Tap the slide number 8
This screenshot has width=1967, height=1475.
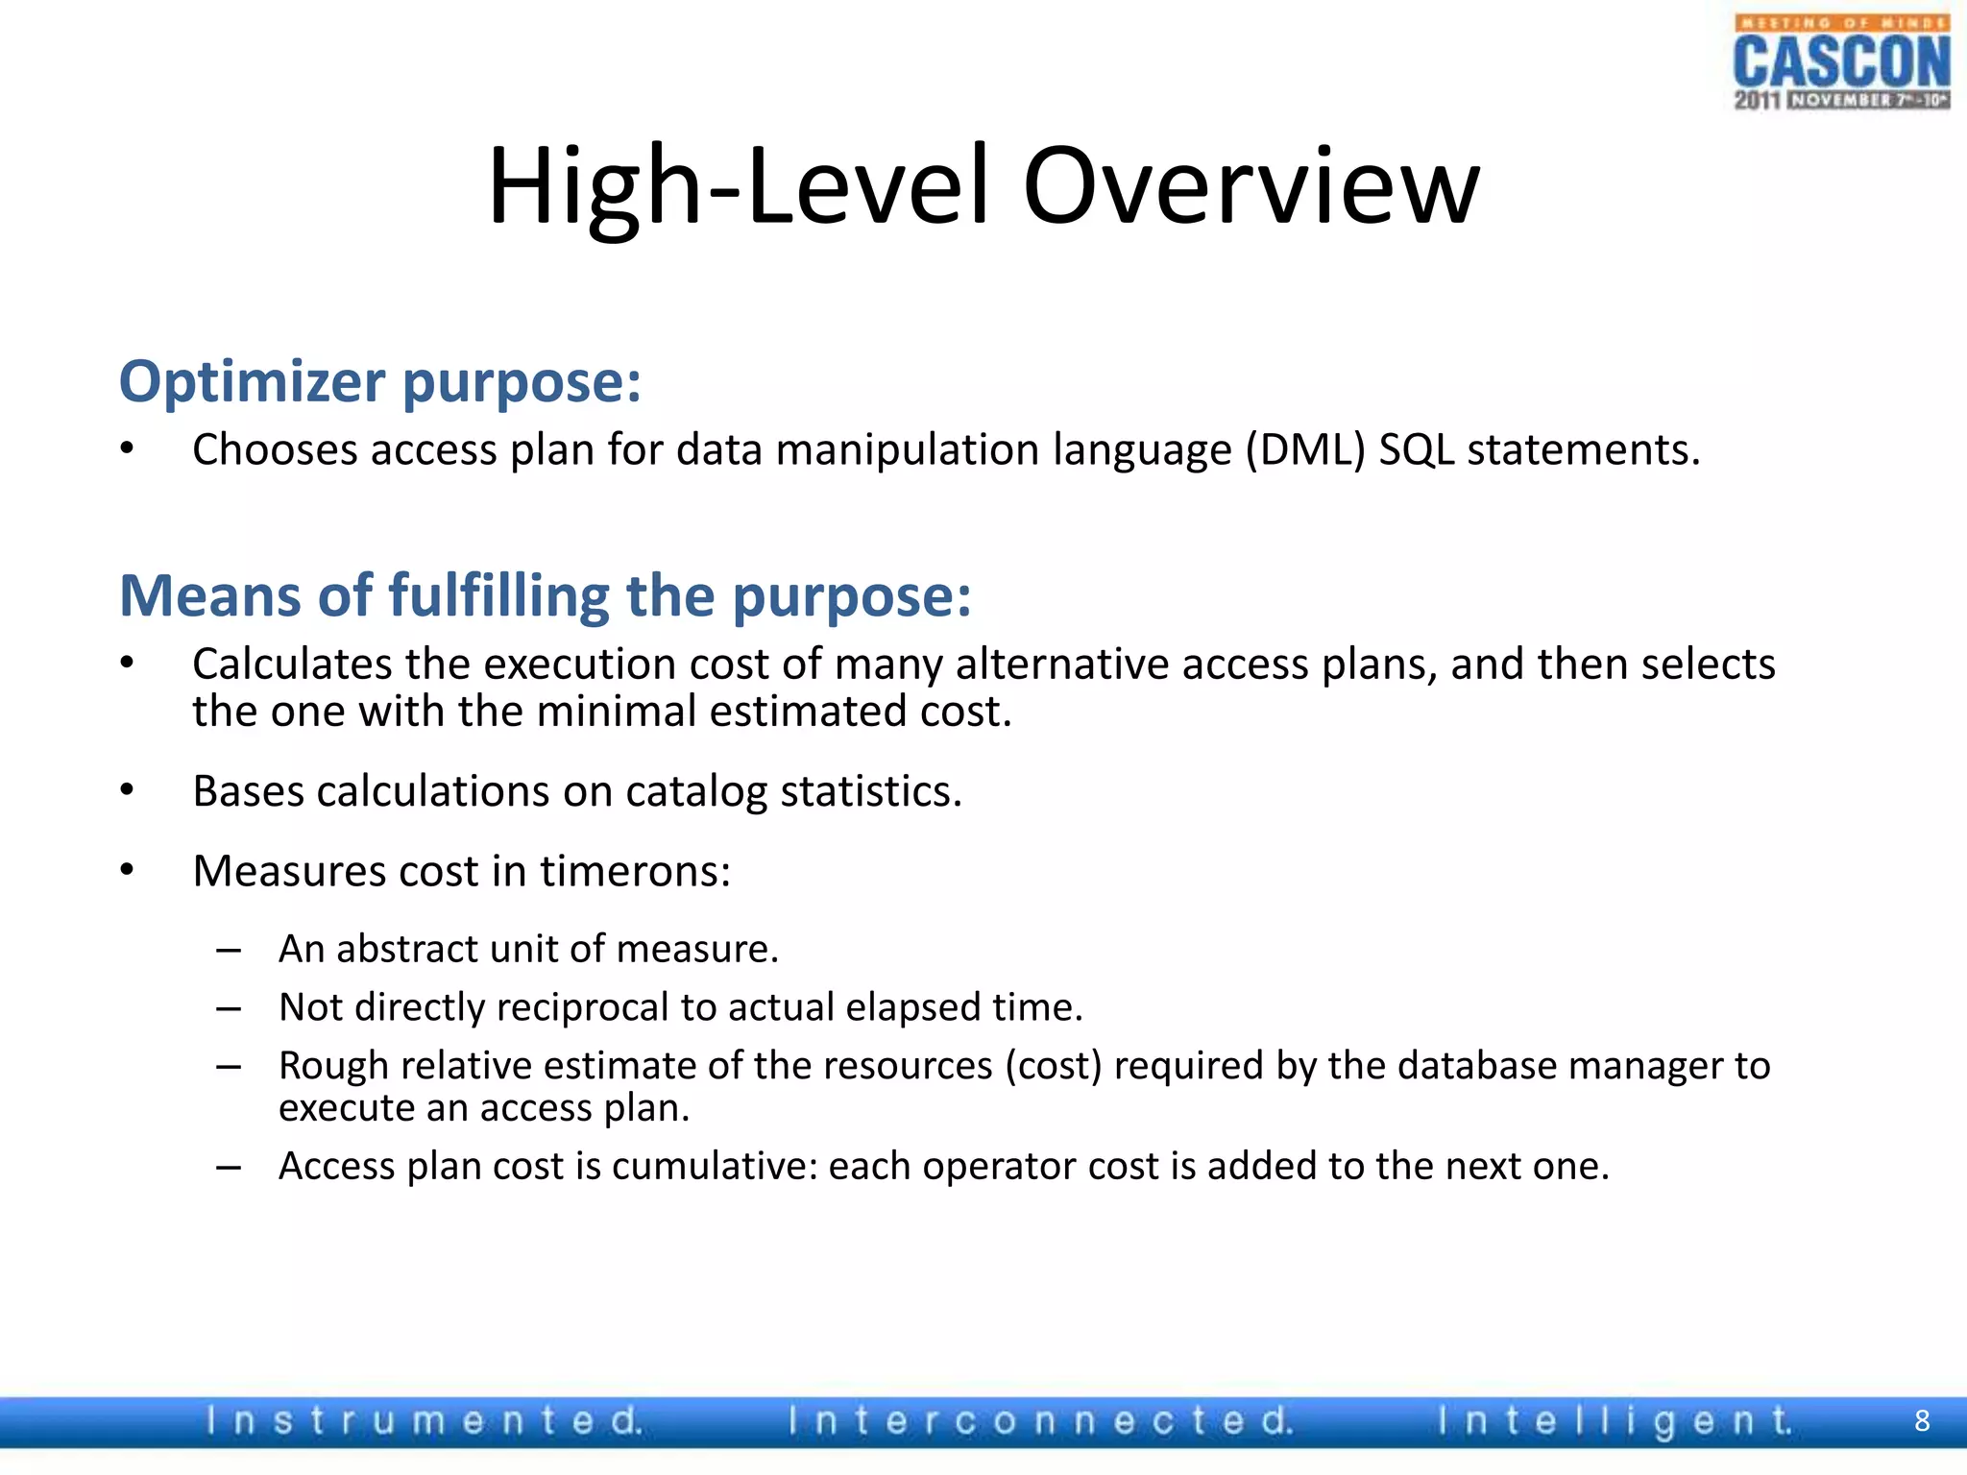click(x=1922, y=1420)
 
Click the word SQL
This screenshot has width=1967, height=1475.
click(x=1416, y=449)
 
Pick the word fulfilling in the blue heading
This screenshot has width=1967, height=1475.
click(x=498, y=596)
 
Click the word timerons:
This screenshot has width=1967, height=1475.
click(x=635, y=871)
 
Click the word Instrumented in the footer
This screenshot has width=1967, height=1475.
click(x=424, y=1420)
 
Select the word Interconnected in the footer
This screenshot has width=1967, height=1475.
click(x=1040, y=1420)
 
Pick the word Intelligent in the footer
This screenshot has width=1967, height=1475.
click(x=1615, y=1420)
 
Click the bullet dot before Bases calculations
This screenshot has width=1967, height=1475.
click(x=127, y=790)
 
